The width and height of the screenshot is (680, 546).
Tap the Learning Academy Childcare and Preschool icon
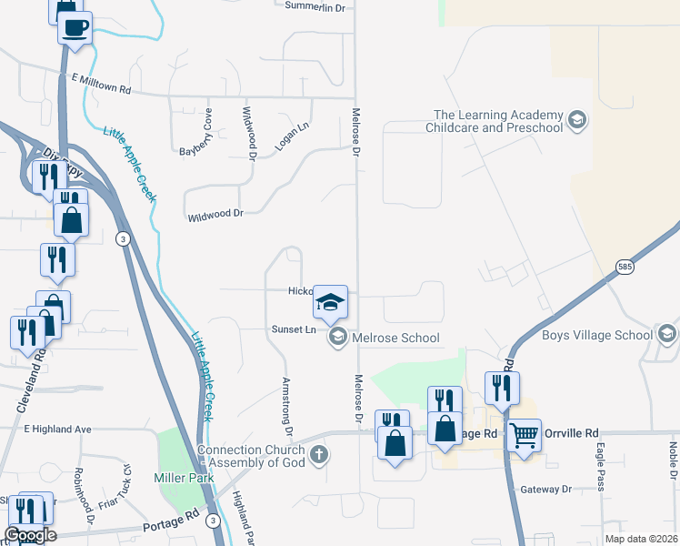tap(575, 121)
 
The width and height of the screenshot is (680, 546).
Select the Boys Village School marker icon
tap(666, 335)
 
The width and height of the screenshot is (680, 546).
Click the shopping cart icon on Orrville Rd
tap(525, 434)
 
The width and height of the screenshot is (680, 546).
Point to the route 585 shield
tap(623, 267)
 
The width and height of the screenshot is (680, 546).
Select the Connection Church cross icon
tap(317, 455)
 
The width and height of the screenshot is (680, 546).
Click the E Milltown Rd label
tap(100, 91)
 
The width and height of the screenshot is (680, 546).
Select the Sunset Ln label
tap(293, 329)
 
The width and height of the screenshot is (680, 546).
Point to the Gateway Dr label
tap(545, 490)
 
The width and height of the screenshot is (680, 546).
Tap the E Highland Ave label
tap(58, 429)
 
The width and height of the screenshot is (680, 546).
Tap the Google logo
tap(30, 535)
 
